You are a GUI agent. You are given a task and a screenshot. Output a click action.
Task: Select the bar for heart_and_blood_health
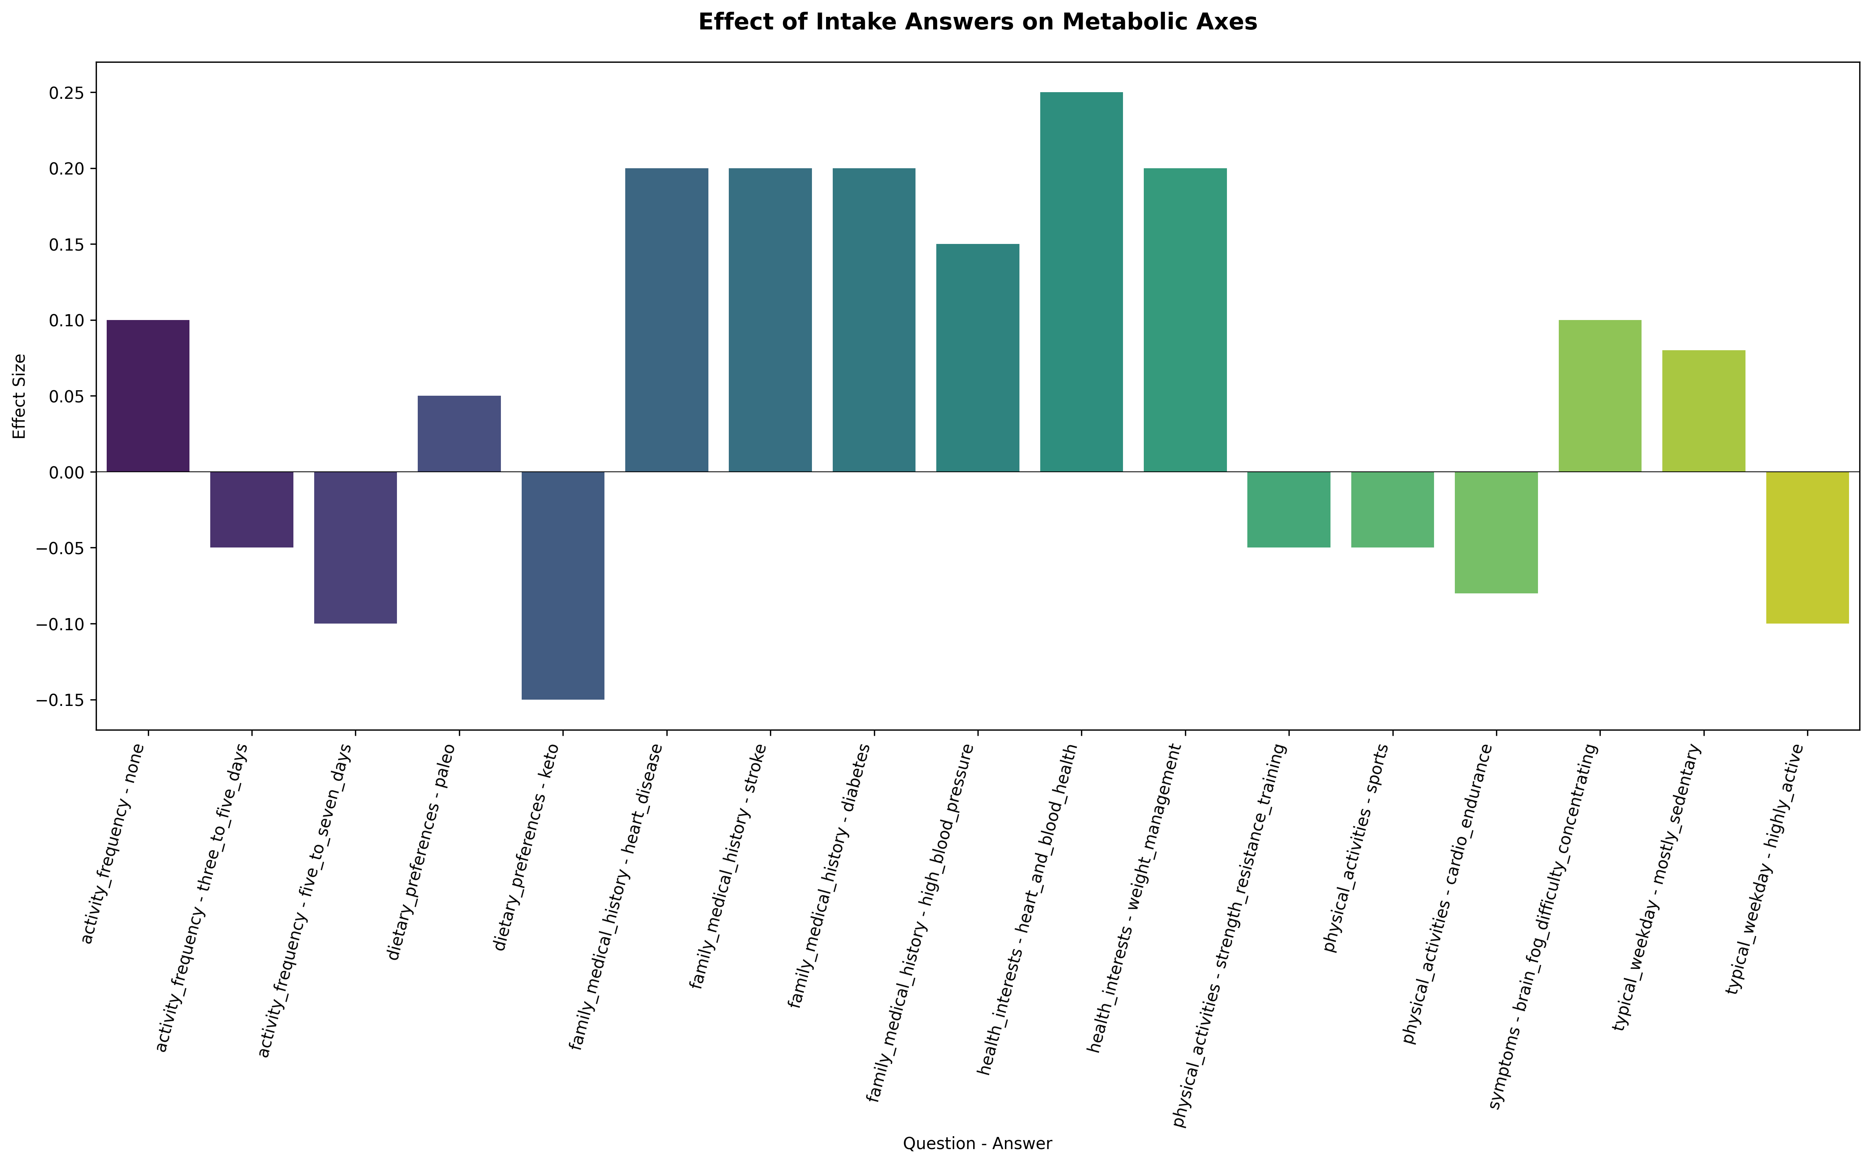tap(1081, 282)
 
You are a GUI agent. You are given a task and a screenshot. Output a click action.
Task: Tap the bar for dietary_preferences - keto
tap(563, 585)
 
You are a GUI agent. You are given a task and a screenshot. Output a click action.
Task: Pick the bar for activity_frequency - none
tap(148, 396)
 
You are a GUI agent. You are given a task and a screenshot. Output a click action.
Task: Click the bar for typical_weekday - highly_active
tap(1807, 547)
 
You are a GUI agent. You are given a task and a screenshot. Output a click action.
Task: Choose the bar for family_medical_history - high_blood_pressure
tap(977, 358)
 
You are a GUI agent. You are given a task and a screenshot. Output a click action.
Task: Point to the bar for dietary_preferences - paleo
tap(459, 433)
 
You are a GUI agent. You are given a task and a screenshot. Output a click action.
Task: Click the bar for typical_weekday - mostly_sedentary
tap(1703, 411)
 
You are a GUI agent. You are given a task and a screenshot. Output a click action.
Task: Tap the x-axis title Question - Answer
tap(977, 1143)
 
